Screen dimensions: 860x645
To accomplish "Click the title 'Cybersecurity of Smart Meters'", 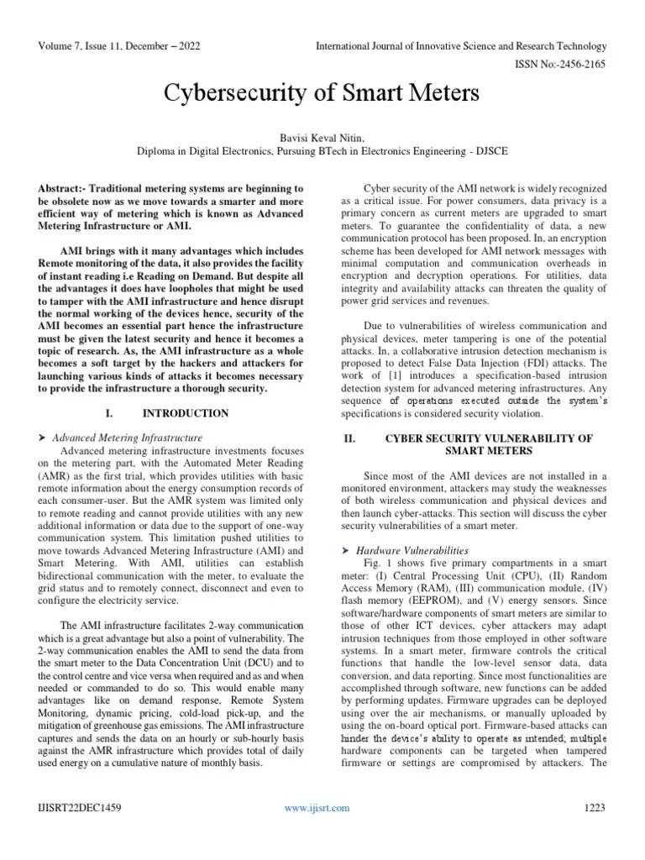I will pos(322,92).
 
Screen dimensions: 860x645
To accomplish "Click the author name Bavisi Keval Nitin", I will pos(322,137).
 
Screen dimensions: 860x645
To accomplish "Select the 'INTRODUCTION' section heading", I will pos(186,413).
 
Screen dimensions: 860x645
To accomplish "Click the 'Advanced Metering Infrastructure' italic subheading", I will pos(127,438).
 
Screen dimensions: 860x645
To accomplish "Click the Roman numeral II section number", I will pos(352,438).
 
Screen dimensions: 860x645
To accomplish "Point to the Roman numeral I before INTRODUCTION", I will pos(109,413).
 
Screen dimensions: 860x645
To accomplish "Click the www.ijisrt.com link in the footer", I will pos(317,808).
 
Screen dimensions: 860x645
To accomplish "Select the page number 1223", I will pos(595,808).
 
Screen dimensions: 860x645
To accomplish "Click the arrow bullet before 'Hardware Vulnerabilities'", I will pos(346,549).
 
